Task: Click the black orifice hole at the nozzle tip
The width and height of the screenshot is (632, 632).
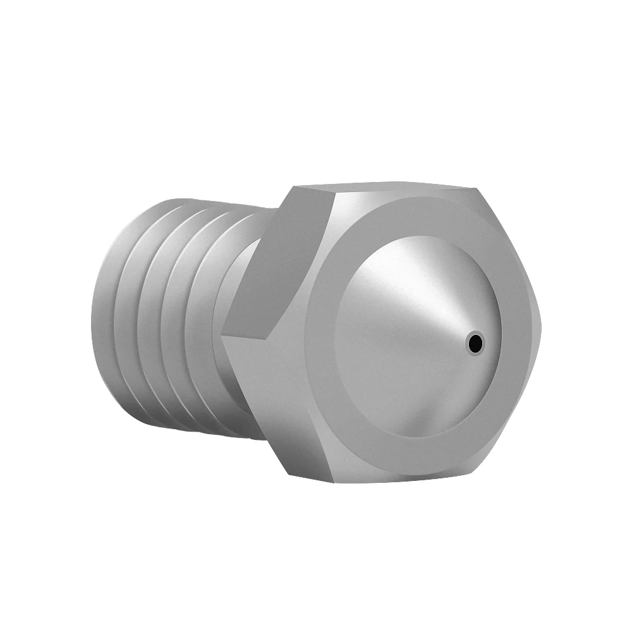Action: pos(475,343)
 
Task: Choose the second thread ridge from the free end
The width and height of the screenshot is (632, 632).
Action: pos(136,316)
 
